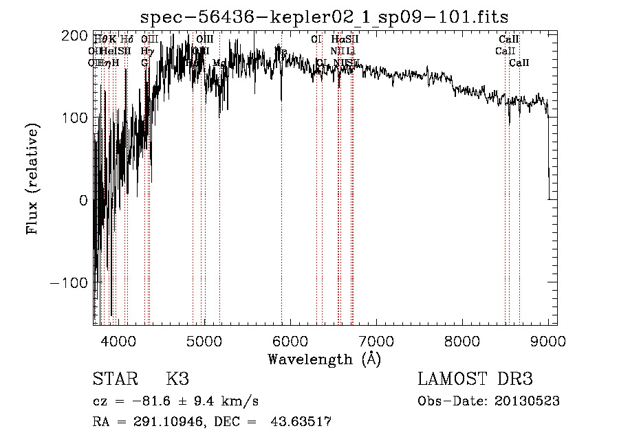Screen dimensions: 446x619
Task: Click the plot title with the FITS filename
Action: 324,16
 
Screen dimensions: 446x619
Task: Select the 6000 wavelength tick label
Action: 290,340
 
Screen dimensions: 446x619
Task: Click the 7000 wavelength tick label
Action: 376,340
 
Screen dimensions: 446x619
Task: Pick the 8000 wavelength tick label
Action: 461,340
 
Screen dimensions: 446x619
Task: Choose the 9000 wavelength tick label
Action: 547,340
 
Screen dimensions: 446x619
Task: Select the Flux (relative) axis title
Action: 32,180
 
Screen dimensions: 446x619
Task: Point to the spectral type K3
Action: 177,379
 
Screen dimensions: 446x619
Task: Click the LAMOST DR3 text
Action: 475,379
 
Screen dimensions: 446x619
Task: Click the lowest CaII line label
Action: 519,63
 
